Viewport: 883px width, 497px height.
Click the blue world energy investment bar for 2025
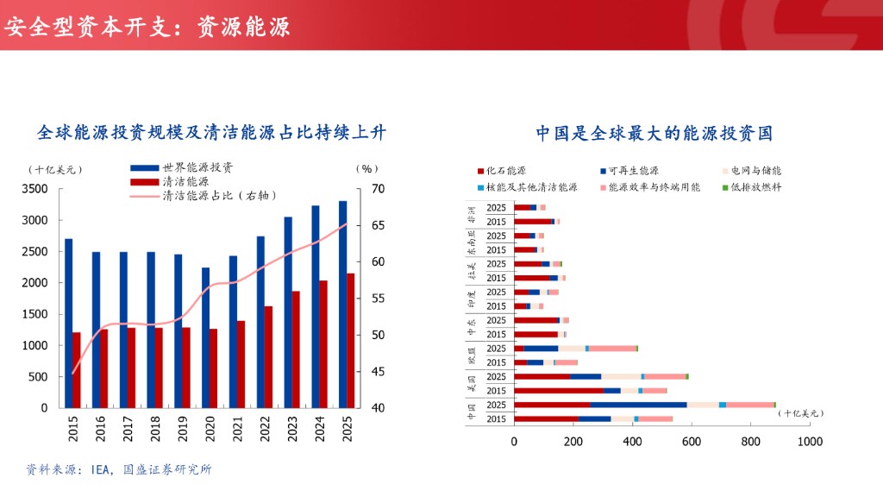click(x=342, y=304)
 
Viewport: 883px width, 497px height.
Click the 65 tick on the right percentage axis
click(x=378, y=225)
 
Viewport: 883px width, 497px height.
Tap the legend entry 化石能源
click(x=506, y=172)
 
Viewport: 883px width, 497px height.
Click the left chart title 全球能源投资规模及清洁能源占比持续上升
click(x=211, y=133)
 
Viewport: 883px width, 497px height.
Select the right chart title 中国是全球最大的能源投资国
click(x=654, y=133)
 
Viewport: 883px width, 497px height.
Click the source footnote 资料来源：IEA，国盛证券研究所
click(x=119, y=469)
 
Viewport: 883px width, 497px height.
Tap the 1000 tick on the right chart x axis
click(x=809, y=441)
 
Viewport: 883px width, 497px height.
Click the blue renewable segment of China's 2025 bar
click(x=639, y=405)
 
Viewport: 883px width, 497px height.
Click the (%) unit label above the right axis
click(x=367, y=169)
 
